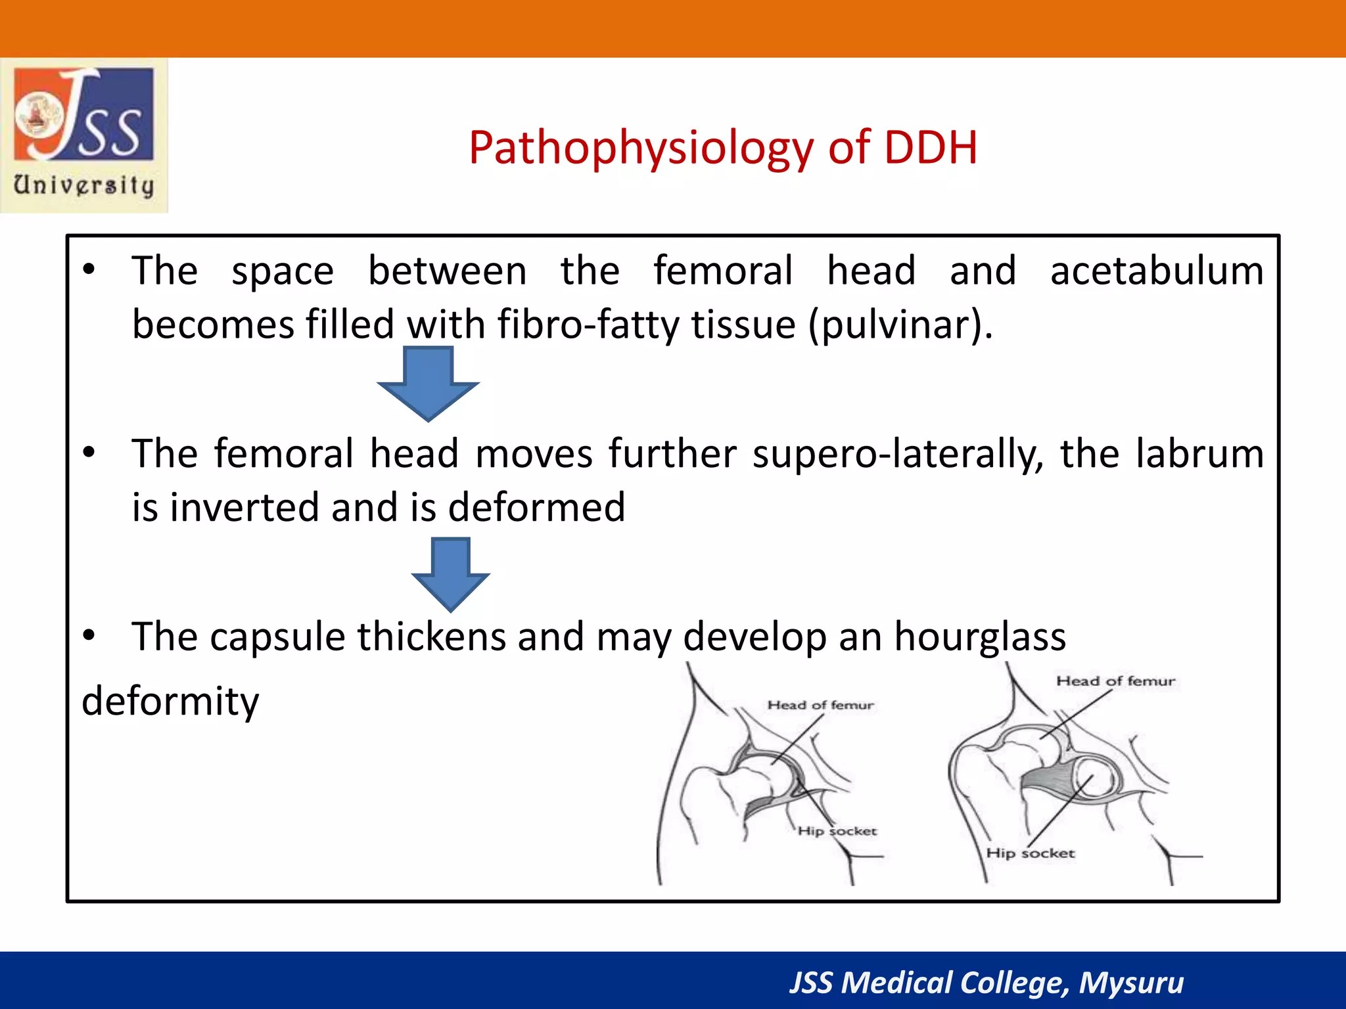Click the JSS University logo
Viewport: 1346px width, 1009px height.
coord(84,135)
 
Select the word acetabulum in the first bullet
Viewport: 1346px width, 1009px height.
coord(1157,271)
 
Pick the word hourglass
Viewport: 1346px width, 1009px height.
coord(980,637)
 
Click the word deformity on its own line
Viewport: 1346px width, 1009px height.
coord(170,702)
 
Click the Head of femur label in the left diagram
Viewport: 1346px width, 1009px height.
coord(820,706)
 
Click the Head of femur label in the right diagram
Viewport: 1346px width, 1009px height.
coord(1115,681)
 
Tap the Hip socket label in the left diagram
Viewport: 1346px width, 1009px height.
coord(837,832)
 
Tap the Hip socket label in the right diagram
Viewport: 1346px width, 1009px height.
coord(1030,853)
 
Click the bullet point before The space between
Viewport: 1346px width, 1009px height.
coord(89,270)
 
